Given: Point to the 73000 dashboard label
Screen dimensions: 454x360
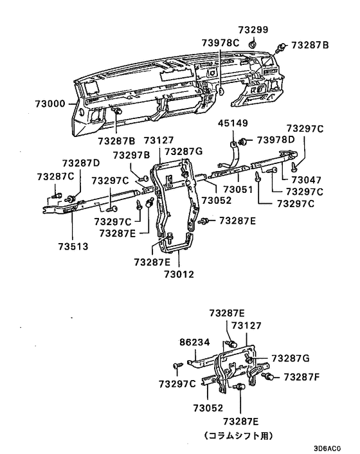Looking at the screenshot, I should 46,103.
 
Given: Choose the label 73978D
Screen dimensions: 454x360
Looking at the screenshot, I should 276,140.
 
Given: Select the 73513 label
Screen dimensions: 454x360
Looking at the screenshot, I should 71,246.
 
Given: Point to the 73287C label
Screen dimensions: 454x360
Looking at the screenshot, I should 55,176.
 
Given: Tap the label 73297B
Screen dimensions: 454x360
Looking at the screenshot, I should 131,154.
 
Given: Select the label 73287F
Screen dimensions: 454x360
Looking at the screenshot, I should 302,376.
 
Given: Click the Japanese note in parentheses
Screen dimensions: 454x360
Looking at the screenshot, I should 239,435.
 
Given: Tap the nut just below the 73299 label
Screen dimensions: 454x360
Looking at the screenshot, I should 253,43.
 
